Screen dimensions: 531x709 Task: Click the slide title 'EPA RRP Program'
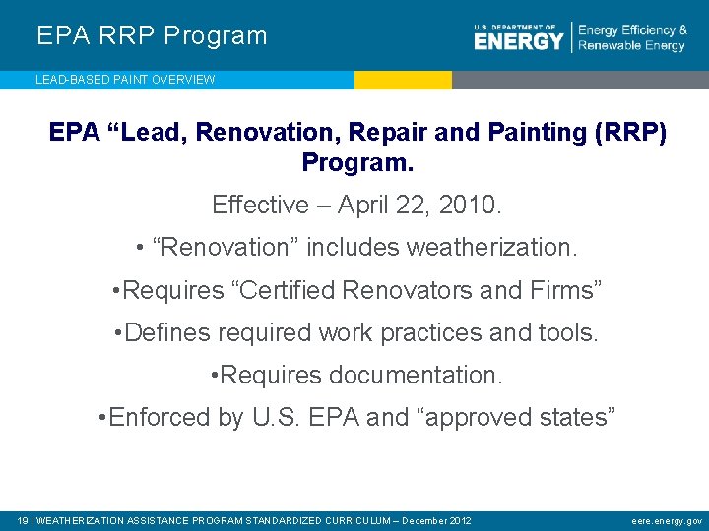pyautogui.click(x=152, y=36)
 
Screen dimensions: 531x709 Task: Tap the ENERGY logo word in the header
pyautogui.click(x=518, y=40)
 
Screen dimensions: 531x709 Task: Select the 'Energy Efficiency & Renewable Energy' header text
pyautogui.click(x=632, y=38)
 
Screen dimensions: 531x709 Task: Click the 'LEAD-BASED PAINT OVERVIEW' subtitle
pyautogui.click(x=125, y=80)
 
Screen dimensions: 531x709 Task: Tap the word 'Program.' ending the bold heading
pyautogui.click(x=357, y=161)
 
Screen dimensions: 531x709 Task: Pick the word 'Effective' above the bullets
pyautogui.click(x=260, y=206)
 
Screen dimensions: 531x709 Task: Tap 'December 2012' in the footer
pyautogui.click(x=436, y=520)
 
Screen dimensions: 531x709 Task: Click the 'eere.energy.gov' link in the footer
pyautogui.click(x=667, y=520)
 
